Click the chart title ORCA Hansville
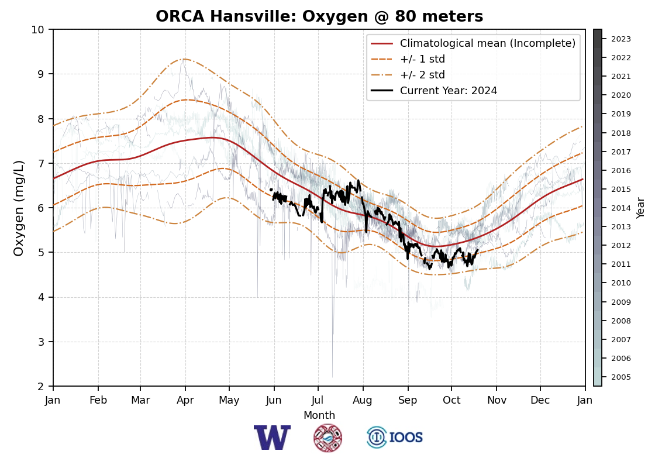tap(319, 17)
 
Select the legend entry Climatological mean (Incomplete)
tap(487, 43)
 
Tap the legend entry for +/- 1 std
tap(422, 59)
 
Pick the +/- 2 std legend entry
tap(422, 75)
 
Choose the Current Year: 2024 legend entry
tap(448, 91)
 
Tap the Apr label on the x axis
tap(185, 400)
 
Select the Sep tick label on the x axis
tap(408, 400)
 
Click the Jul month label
tap(318, 400)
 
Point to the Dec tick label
tap(540, 400)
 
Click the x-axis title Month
tap(319, 415)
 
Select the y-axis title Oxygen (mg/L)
tap(19, 208)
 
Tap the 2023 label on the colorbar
tap(621, 39)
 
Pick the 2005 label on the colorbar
tap(621, 377)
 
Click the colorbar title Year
tap(641, 208)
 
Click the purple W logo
tap(272, 438)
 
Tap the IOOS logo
tap(395, 438)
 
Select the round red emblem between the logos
tap(327, 438)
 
